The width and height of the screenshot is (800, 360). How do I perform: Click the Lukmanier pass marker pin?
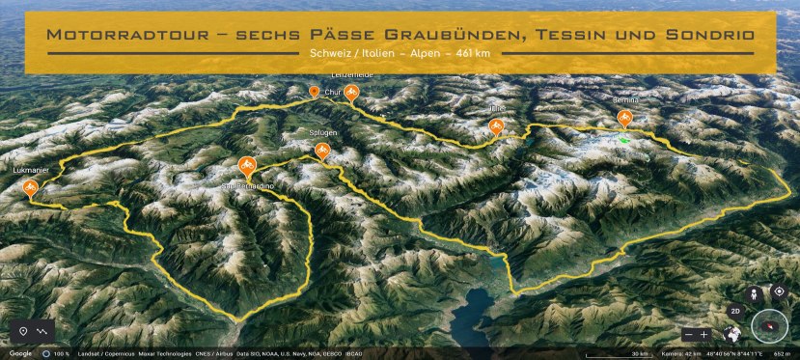30,187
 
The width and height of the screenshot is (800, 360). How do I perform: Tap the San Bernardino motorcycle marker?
246,166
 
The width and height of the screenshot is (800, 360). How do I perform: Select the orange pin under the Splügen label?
321,150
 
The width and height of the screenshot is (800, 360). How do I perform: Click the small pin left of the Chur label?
314,92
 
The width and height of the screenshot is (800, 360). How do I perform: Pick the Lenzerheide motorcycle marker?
352,93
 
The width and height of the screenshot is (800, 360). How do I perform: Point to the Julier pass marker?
496,125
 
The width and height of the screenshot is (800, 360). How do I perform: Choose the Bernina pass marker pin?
624,119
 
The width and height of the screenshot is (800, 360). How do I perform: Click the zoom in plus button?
704,334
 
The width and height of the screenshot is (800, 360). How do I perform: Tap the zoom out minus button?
688,334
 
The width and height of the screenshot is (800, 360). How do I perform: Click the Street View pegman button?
756,292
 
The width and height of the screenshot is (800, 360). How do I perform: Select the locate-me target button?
779,292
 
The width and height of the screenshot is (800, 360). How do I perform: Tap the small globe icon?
731,334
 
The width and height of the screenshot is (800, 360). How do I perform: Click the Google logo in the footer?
21,353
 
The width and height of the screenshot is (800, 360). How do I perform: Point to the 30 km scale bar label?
640,353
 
